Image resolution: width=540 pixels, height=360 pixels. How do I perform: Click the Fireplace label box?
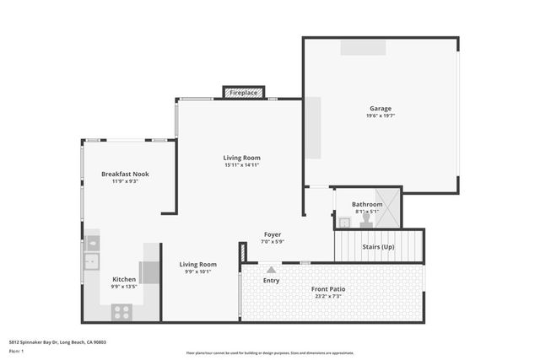click(243, 93)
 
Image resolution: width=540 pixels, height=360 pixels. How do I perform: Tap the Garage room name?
click(380, 108)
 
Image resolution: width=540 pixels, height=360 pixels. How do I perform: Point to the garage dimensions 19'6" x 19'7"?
click(380, 116)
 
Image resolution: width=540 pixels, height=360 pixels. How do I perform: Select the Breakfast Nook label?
click(125, 174)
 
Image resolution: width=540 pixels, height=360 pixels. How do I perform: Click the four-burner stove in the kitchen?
click(121, 311)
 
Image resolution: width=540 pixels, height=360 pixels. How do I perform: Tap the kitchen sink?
click(91, 261)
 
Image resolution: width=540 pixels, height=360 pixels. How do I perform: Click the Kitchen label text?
click(124, 279)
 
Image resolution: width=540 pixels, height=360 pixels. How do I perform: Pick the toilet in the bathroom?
click(366, 219)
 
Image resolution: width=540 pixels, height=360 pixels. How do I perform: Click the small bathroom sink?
click(344, 223)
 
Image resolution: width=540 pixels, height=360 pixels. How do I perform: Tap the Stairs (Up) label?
click(377, 247)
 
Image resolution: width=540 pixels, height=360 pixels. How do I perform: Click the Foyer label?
click(273, 234)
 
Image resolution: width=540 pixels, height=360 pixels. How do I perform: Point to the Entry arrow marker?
click(272, 270)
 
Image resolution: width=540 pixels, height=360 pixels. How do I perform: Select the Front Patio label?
click(328, 289)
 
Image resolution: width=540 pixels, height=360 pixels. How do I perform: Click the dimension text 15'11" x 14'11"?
click(241, 165)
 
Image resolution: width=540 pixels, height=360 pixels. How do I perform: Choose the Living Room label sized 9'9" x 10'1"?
click(198, 264)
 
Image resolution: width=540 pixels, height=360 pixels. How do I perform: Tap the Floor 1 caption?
click(17, 351)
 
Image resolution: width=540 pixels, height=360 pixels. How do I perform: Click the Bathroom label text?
click(367, 204)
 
